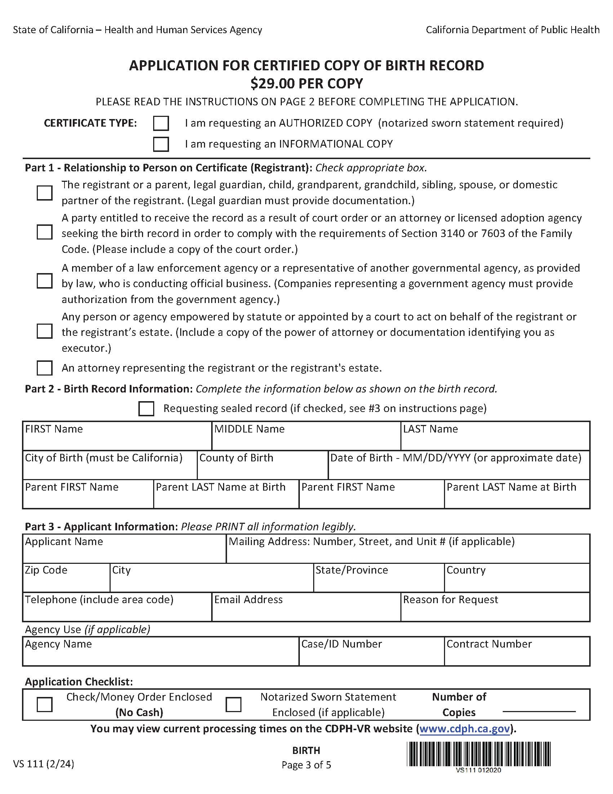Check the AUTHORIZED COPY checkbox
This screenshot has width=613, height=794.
point(161,123)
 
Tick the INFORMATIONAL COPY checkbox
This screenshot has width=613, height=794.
point(161,144)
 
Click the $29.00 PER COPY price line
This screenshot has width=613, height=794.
point(306,84)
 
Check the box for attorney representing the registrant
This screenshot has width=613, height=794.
point(44,368)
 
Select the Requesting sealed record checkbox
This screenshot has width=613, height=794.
point(146,409)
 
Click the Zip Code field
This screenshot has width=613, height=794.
point(66,582)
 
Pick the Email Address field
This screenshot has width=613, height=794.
point(306,611)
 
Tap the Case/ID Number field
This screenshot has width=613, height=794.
point(372,655)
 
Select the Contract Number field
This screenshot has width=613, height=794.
point(517,655)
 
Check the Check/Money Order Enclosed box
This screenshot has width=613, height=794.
point(44,705)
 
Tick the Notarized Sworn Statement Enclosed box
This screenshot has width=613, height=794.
point(233,705)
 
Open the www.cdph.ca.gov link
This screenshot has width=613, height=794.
point(465,729)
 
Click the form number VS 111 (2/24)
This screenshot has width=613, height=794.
point(44,764)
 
